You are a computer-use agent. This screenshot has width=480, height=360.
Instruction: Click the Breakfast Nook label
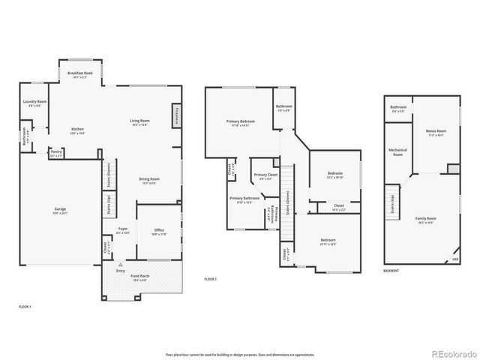(x=79, y=73)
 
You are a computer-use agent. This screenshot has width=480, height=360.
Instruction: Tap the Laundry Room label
(x=34, y=102)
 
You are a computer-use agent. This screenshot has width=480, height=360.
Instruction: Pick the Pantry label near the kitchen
(x=56, y=151)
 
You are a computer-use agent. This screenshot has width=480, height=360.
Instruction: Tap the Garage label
(x=59, y=209)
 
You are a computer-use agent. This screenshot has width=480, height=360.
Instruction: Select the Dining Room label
(x=149, y=179)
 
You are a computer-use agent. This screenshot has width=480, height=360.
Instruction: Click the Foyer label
(x=121, y=229)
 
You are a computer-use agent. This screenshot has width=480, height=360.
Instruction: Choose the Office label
(x=160, y=230)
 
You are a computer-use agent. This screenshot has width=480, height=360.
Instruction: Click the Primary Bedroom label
(x=241, y=121)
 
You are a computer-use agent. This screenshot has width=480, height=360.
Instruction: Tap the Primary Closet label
(x=267, y=175)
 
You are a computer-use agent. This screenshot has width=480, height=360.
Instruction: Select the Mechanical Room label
(x=397, y=152)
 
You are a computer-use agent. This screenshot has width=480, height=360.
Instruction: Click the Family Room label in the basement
(x=426, y=219)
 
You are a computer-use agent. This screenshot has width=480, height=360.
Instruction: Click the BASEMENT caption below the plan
(x=391, y=271)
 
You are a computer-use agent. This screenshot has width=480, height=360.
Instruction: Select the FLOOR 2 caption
(x=211, y=279)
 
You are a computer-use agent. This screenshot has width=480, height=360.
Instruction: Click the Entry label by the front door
(x=120, y=271)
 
